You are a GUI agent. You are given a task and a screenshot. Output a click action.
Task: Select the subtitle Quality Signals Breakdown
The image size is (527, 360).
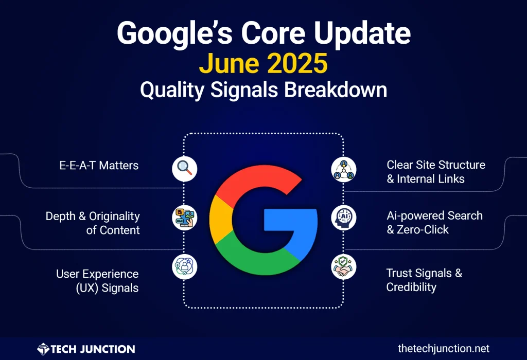coord(263,90)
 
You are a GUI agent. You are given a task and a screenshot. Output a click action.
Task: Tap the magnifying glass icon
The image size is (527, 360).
coord(184,168)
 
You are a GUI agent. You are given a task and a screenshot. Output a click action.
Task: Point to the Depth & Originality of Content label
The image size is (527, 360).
coord(93,223)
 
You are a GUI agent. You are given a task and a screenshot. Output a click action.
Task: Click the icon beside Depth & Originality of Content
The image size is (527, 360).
coord(184,218)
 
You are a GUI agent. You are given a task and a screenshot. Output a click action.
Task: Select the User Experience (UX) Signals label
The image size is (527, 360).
coord(97,281)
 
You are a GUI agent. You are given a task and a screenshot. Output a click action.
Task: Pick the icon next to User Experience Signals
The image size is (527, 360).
coord(184,267)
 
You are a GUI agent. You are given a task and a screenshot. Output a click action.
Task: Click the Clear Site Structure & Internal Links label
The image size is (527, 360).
coord(435,172)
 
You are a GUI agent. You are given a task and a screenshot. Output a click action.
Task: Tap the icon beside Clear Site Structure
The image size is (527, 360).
coord(343,168)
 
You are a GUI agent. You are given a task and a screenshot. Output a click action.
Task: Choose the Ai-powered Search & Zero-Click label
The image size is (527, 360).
coord(434,222)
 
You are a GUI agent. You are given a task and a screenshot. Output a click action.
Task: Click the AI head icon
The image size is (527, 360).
coord(343,217)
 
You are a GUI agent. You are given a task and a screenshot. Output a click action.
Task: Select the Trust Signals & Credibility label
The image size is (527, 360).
coord(424,280)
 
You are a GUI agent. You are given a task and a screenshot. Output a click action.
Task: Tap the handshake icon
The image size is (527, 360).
coord(343,267)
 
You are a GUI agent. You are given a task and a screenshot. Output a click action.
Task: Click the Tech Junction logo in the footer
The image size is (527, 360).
coord(86,349)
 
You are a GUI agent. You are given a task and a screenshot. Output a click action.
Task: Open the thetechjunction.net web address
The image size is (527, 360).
coord(444,349)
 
